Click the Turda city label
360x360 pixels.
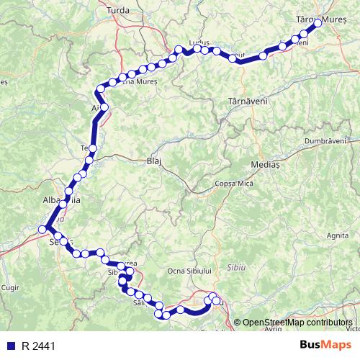pyautogui.click(x=117, y=10)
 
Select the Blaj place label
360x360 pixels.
pyautogui.click(x=156, y=162)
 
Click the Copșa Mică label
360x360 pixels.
pyautogui.click(x=235, y=184)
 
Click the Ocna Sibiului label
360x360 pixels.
pyautogui.click(x=189, y=270)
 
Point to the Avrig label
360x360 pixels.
pyautogui.click(x=272, y=328)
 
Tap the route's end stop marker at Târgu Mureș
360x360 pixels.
pyautogui.click(x=317, y=24)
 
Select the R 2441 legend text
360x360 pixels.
pyautogui.click(x=37, y=346)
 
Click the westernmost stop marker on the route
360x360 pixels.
pyautogui.click(x=43, y=229)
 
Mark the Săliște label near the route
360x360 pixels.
pyautogui.click(x=140, y=304)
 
